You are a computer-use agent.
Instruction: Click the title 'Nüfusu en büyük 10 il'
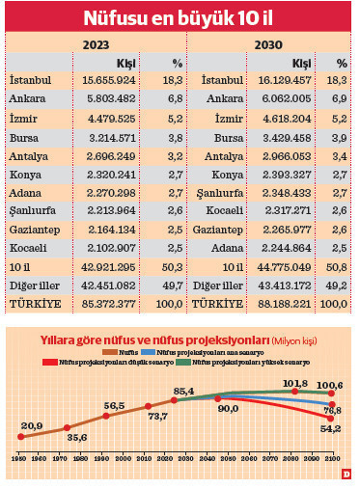(x=180, y=18)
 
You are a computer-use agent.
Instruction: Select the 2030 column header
(x=269, y=44)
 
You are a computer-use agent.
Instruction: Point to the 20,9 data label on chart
(x=32, y=425)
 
